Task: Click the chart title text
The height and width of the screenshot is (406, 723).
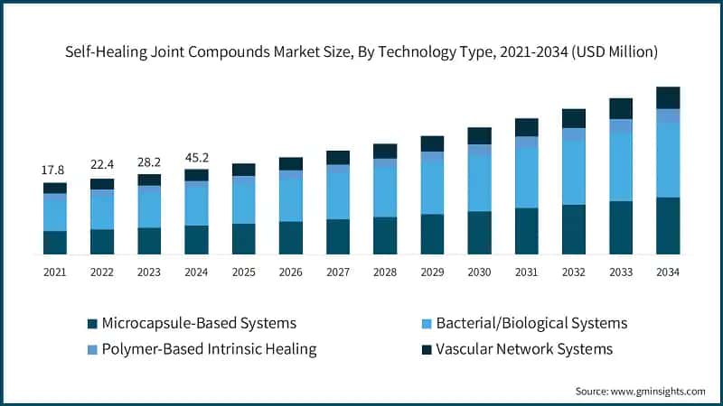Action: tap(361, 52)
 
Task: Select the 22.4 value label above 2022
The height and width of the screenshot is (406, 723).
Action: tap(102, 163)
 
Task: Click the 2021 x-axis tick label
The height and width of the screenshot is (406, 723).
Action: tap(55, 271)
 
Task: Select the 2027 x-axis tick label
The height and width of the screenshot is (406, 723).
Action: tap(337, 271)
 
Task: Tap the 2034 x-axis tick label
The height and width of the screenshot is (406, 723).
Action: tap(667, 271)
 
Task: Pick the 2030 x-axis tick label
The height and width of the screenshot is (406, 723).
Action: tap(479, 271)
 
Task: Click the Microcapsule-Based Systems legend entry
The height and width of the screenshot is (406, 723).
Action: tap(192, 322)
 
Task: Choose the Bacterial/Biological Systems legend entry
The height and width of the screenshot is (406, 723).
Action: tap(524, 322)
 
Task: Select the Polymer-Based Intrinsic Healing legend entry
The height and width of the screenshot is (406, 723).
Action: tap(201, 348)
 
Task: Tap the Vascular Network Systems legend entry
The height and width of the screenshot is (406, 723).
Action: tap(516, 348)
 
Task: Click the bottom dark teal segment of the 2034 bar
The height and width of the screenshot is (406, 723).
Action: tap(667, 226)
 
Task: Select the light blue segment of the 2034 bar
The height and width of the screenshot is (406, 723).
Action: tap(667, 160)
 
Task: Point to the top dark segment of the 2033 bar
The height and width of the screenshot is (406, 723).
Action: tap(620, 108)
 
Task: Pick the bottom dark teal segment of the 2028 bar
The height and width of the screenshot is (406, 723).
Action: tap(385, 235)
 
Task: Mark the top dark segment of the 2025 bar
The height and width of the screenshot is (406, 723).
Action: tap(243, 170)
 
